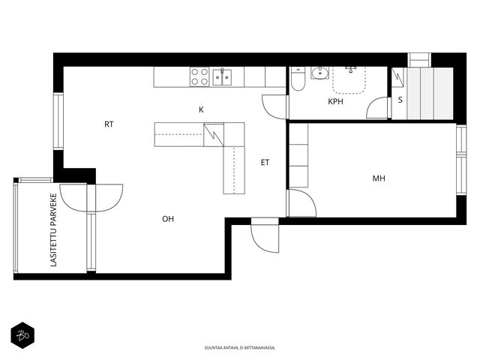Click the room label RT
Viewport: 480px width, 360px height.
point(109,124)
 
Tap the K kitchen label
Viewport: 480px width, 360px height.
point(201,109)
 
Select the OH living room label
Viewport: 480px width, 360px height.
point(168,219)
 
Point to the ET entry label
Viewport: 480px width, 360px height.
point(265,163)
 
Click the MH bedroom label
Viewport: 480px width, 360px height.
point(379,178)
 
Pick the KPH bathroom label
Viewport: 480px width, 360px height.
point(335,102)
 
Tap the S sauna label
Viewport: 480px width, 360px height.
point(400,100)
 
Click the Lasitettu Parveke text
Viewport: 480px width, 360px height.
point(53,229)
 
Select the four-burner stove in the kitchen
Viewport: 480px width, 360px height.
point(199,76)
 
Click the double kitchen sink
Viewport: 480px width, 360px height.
point(222,76)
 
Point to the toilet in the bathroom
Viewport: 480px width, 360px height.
point(298,79)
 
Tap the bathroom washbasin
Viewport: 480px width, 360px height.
point(320,73)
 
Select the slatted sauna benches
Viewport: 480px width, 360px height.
point(430,94)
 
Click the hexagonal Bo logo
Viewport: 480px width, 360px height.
point(22,335)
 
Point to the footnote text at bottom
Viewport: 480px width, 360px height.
point(240,348)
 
